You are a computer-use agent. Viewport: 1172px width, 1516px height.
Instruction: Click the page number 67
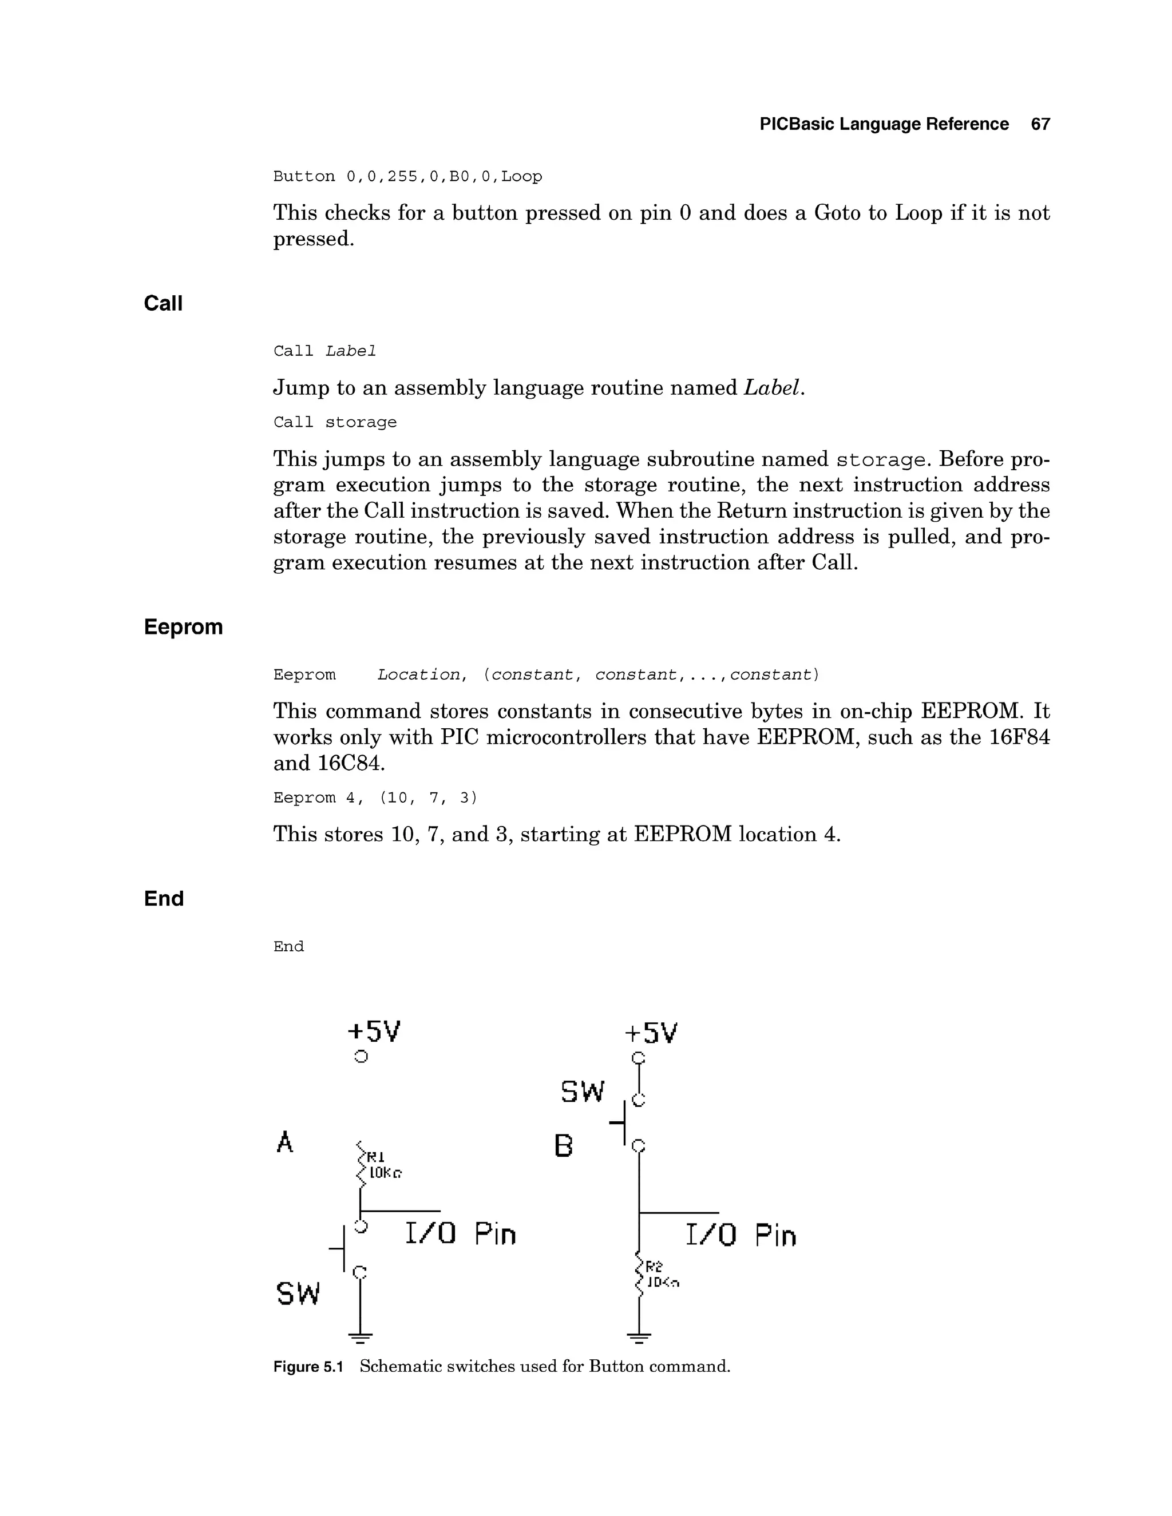[x=1040, y=124]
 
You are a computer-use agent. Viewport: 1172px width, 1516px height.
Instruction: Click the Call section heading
[x=163, y=303]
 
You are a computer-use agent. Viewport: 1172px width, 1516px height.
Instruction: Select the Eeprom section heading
[x=183, y=627]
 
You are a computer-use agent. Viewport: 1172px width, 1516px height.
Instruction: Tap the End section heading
[x=164, y=898]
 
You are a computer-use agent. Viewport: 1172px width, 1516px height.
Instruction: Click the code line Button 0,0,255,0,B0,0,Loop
[x=407, y=176]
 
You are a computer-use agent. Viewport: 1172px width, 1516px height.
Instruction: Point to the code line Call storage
[x=335, y=422]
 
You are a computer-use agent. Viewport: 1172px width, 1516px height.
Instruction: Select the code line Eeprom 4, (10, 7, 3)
[x=375, y=797]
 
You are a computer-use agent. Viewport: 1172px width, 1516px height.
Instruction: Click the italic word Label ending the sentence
[x=771, y=387]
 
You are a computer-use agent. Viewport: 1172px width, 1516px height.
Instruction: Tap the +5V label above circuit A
[x=374, y=1031]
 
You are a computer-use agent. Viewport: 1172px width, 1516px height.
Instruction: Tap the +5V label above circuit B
[x=651, y=1034]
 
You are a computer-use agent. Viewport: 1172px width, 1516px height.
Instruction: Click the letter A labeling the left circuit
[x=284, y=1142]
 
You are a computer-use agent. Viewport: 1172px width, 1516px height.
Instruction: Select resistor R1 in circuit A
[x=361, y=1164]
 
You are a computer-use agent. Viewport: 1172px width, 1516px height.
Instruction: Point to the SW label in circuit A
[x=298, y=1293]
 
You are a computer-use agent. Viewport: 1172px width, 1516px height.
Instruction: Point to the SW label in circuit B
[x=583, y=1092]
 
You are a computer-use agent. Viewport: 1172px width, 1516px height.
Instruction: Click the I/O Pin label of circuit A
[x=460, y=1233]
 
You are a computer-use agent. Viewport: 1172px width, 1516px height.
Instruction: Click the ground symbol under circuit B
[x=639, y=1337]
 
